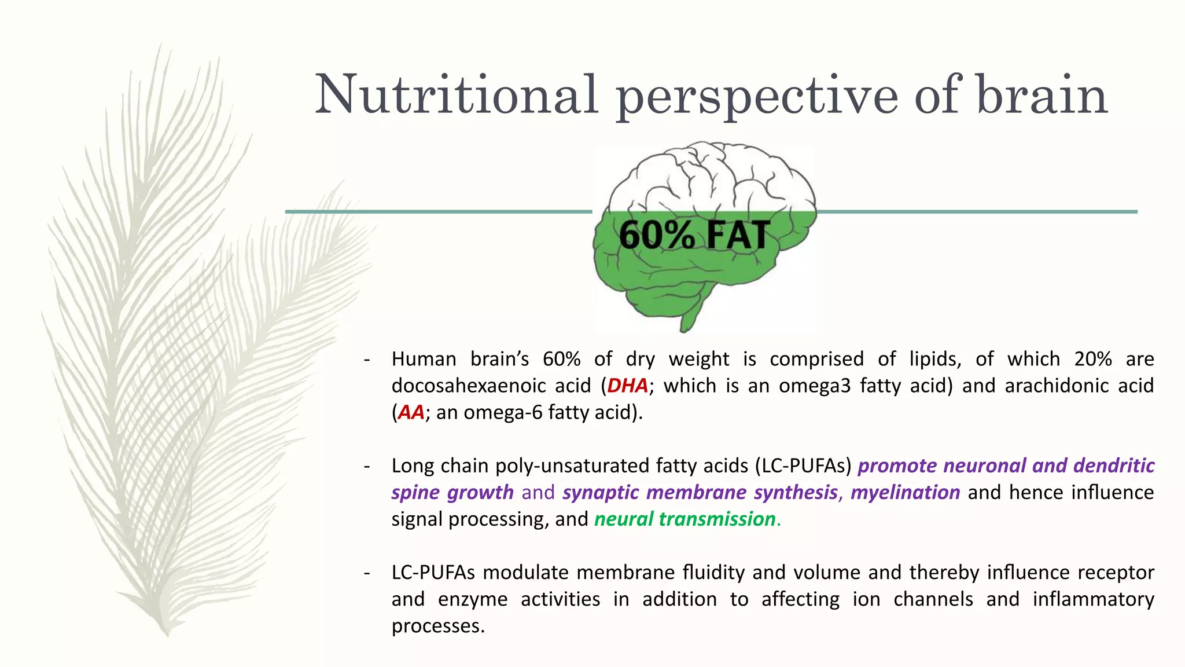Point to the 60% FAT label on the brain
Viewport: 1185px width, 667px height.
coord(694,235)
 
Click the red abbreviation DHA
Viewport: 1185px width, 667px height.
coord(627,386)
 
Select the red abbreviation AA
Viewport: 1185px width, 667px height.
coord(411,412)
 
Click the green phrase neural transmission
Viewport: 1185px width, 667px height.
coord(684,519)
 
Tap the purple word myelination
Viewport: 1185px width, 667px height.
coord(905,492)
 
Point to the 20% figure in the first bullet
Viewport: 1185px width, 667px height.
coord(1092,359)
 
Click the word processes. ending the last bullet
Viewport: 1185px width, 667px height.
coord(438,625)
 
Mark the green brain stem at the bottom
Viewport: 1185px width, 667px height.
coord(691,316)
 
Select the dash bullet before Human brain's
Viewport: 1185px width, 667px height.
coord(366,360)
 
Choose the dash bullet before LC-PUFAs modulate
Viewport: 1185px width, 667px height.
coord(366,573)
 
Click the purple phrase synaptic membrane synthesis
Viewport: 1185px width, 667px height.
coord(700,492)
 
